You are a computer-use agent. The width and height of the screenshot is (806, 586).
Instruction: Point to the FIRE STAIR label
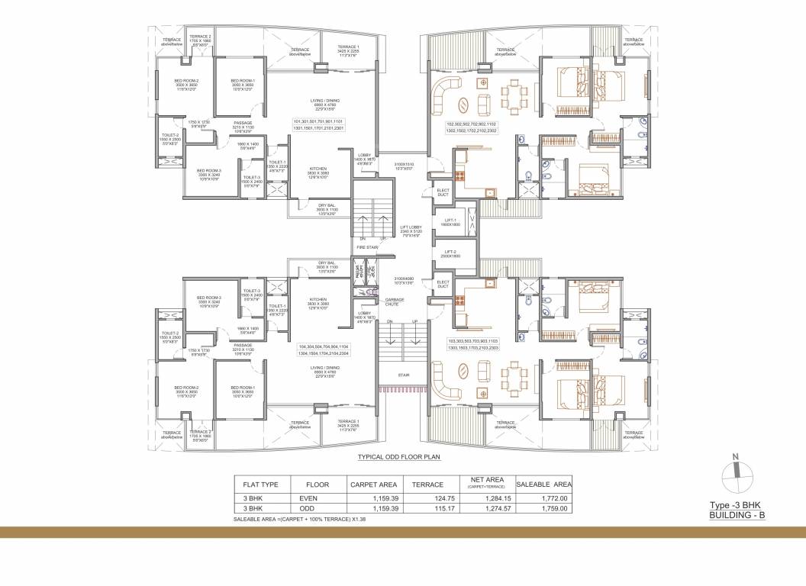[368, 247]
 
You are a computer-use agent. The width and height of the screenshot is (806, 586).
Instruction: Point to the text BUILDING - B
[735, 516]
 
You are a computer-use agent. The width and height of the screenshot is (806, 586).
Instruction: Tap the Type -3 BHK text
[735, 506]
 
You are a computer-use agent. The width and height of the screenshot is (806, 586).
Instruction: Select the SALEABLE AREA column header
[544, 484]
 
